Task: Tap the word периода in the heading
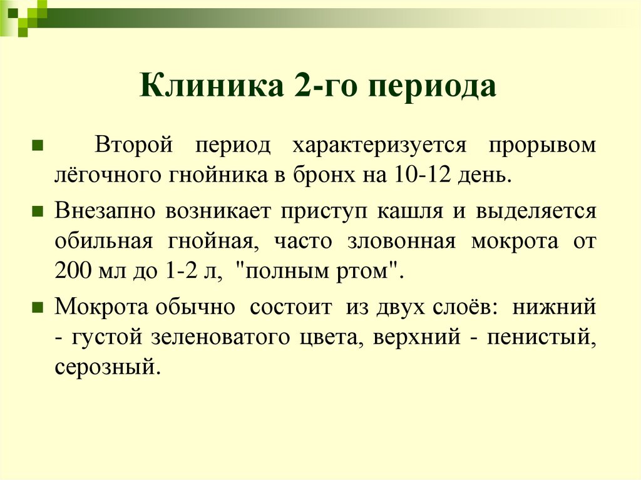[434, 86]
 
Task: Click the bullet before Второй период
[37, 146]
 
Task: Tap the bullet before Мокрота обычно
[37, 308]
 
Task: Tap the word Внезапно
[105, 211]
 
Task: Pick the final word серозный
[103, 366]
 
